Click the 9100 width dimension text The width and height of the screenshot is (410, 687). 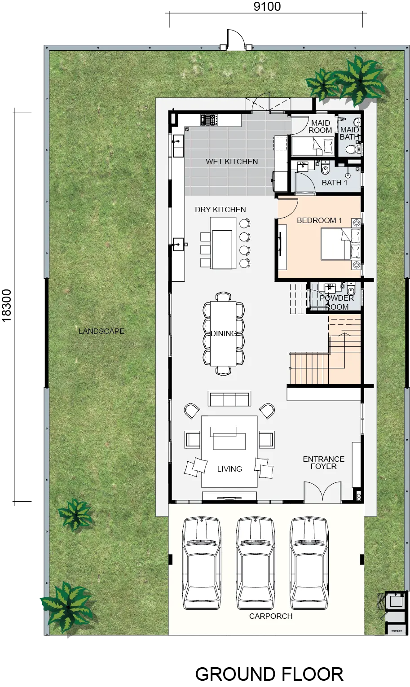267,6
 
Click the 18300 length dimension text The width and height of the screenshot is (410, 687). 6,306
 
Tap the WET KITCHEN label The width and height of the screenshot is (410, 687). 232,162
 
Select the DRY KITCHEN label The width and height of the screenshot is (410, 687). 220,210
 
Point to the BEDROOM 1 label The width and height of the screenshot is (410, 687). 319,220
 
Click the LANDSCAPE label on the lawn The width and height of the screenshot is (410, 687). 101,331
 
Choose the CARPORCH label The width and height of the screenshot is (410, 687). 271,616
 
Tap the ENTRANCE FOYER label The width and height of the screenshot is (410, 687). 323,463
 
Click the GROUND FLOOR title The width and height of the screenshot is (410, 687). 269,674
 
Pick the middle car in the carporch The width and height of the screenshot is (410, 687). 256,563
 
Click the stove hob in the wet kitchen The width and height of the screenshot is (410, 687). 209,120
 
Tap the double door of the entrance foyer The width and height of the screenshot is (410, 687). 322,492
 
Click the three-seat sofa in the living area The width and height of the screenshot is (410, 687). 229,399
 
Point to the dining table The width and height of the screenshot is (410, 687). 223,333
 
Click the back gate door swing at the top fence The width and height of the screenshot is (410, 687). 236,39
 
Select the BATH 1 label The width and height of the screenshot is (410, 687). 334,183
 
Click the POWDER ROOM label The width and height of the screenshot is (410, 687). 337,302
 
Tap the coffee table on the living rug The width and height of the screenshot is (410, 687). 229,438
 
